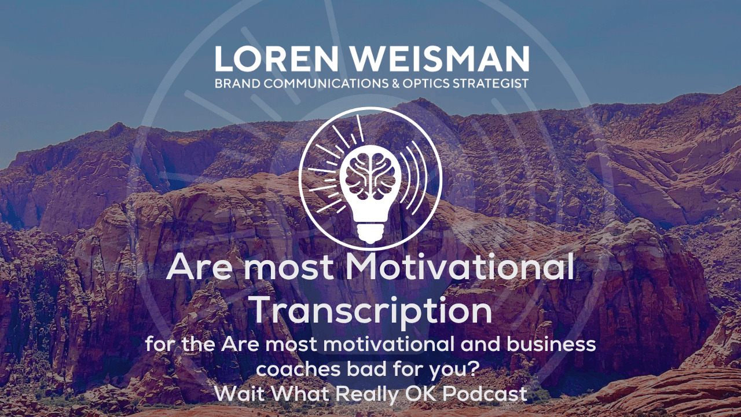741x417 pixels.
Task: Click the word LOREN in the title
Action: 276,58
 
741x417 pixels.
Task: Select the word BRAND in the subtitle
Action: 237,83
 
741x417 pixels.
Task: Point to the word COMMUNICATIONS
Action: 326,83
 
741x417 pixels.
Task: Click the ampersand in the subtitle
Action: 395,83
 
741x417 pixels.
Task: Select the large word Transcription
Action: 372,310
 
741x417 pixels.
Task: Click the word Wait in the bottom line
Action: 240,394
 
